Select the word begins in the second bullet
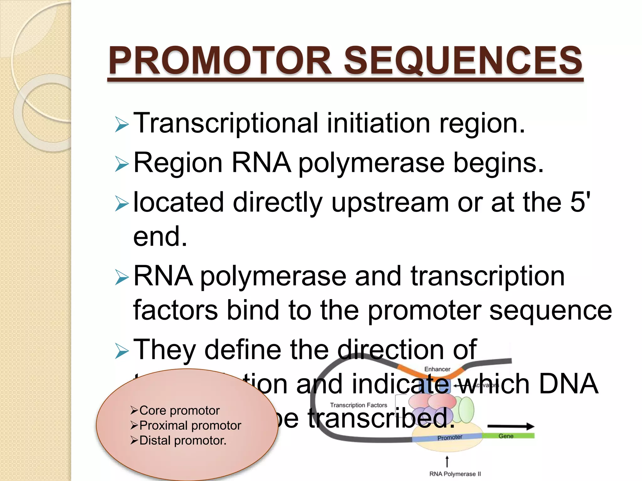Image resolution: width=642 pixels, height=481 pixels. click(498, 163)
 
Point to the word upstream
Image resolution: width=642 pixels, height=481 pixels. click(390, 203)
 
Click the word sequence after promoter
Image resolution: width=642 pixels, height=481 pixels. click(550, 311)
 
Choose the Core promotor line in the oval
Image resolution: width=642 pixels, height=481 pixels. click(179, 411)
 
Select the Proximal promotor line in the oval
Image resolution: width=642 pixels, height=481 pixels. click(190, 426)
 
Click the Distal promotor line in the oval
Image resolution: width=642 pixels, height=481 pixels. click(182, 441)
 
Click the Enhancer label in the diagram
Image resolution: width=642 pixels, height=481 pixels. click(437, 369)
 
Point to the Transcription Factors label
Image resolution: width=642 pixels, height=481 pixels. click(358, 405)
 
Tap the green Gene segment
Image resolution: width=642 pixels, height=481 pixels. click(508, 436)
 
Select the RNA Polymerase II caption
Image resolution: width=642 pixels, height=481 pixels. click(455, 474)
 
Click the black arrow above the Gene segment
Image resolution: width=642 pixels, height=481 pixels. click(511, 426)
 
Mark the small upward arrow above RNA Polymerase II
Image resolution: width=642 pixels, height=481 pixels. click(447, 461)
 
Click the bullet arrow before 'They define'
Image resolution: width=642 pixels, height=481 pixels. click(122, 351)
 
